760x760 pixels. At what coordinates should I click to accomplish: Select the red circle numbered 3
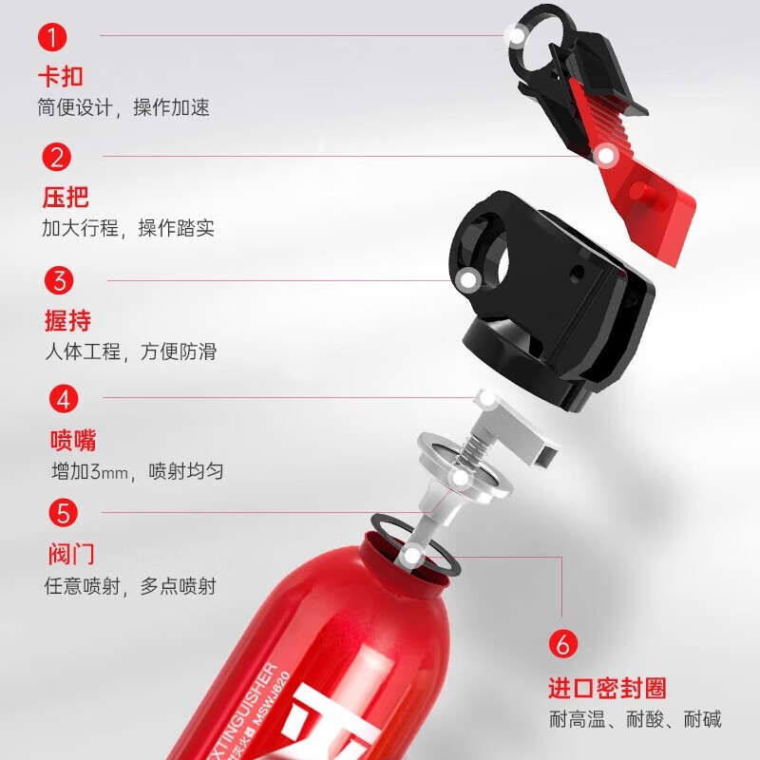coord(60,280)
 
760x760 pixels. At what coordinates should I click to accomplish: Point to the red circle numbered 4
coord(64,398)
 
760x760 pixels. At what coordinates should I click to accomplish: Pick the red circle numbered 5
coord(64,514)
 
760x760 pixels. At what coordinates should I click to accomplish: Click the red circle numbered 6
coord(562,644)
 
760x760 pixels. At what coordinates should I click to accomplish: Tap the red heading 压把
coord(66,198)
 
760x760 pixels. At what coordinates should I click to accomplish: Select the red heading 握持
coord(67,319)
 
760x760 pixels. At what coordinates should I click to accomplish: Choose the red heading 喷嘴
coord(73,441)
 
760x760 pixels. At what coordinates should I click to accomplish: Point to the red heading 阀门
coord(71,554)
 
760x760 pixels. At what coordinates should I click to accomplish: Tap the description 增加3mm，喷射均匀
coord(138,471)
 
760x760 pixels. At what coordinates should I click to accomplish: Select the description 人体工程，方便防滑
coord(131,351)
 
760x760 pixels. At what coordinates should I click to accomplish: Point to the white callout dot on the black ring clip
coord(517,36)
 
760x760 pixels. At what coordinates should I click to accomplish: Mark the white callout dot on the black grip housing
coord(467,279)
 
